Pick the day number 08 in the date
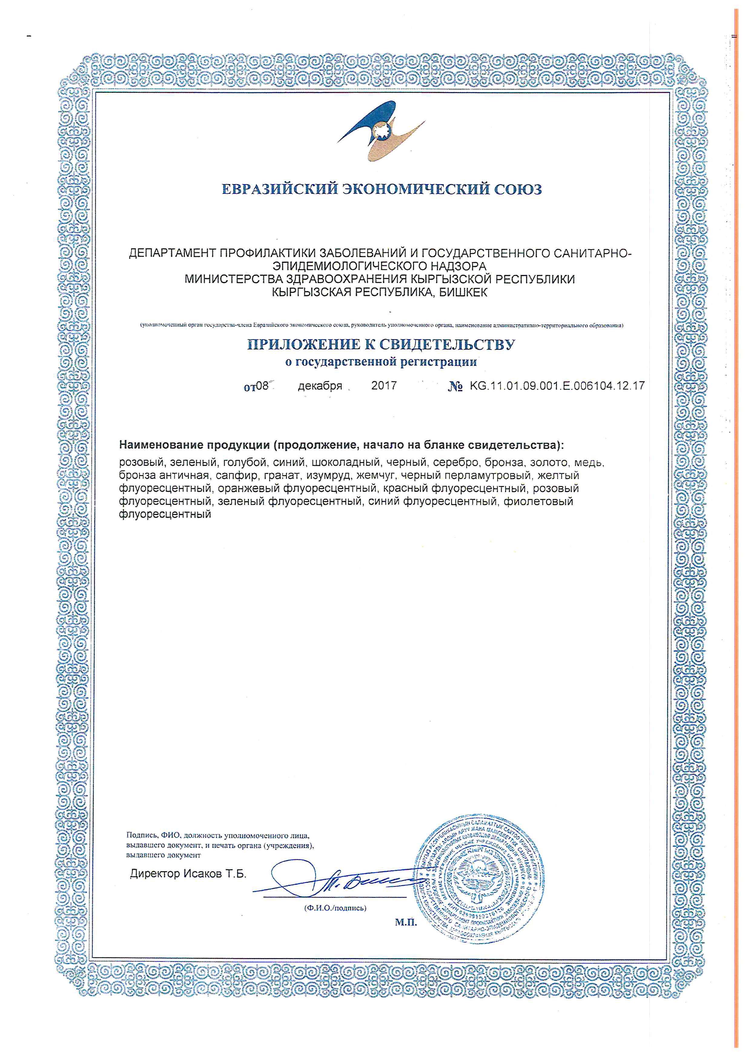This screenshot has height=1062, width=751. (x=262, y=386)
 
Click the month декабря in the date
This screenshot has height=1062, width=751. (x=320, y=386)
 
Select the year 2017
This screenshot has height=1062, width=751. (x=384, y=386)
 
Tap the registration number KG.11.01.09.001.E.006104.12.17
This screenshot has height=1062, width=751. (x=557, y=386)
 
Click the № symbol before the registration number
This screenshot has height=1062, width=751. (x=455, y=387)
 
